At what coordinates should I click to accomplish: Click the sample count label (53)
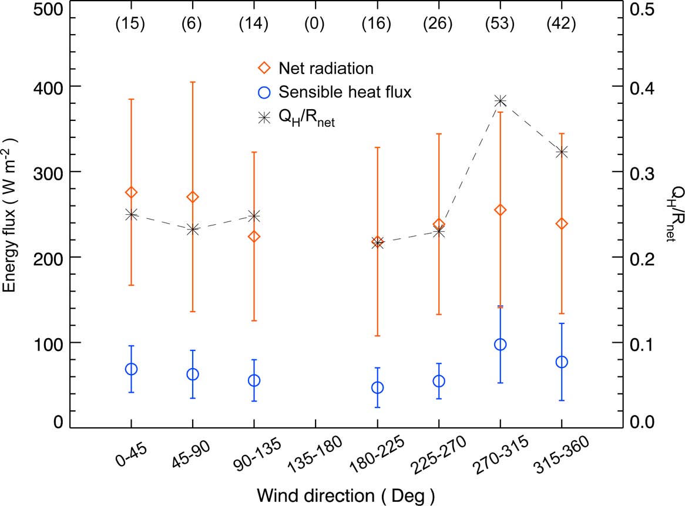[x=500, y=24]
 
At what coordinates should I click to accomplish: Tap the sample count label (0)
[x=315, y=24]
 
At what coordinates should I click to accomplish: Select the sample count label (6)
[x=192, y=24]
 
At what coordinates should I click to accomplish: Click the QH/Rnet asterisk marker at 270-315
[x=500, y=101]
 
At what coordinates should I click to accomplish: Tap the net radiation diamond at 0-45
[x=131, y=193]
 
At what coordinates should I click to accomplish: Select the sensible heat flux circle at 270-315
[x=500, y=345]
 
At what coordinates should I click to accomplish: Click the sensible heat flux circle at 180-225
[x=377, y=387]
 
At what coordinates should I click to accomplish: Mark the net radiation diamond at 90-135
[x=254, y=237]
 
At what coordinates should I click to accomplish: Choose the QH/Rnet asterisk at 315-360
[x=561, y=152]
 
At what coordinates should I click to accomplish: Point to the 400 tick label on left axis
[x=49, y=87]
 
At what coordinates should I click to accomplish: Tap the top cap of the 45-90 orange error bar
[x=192, y=82]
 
